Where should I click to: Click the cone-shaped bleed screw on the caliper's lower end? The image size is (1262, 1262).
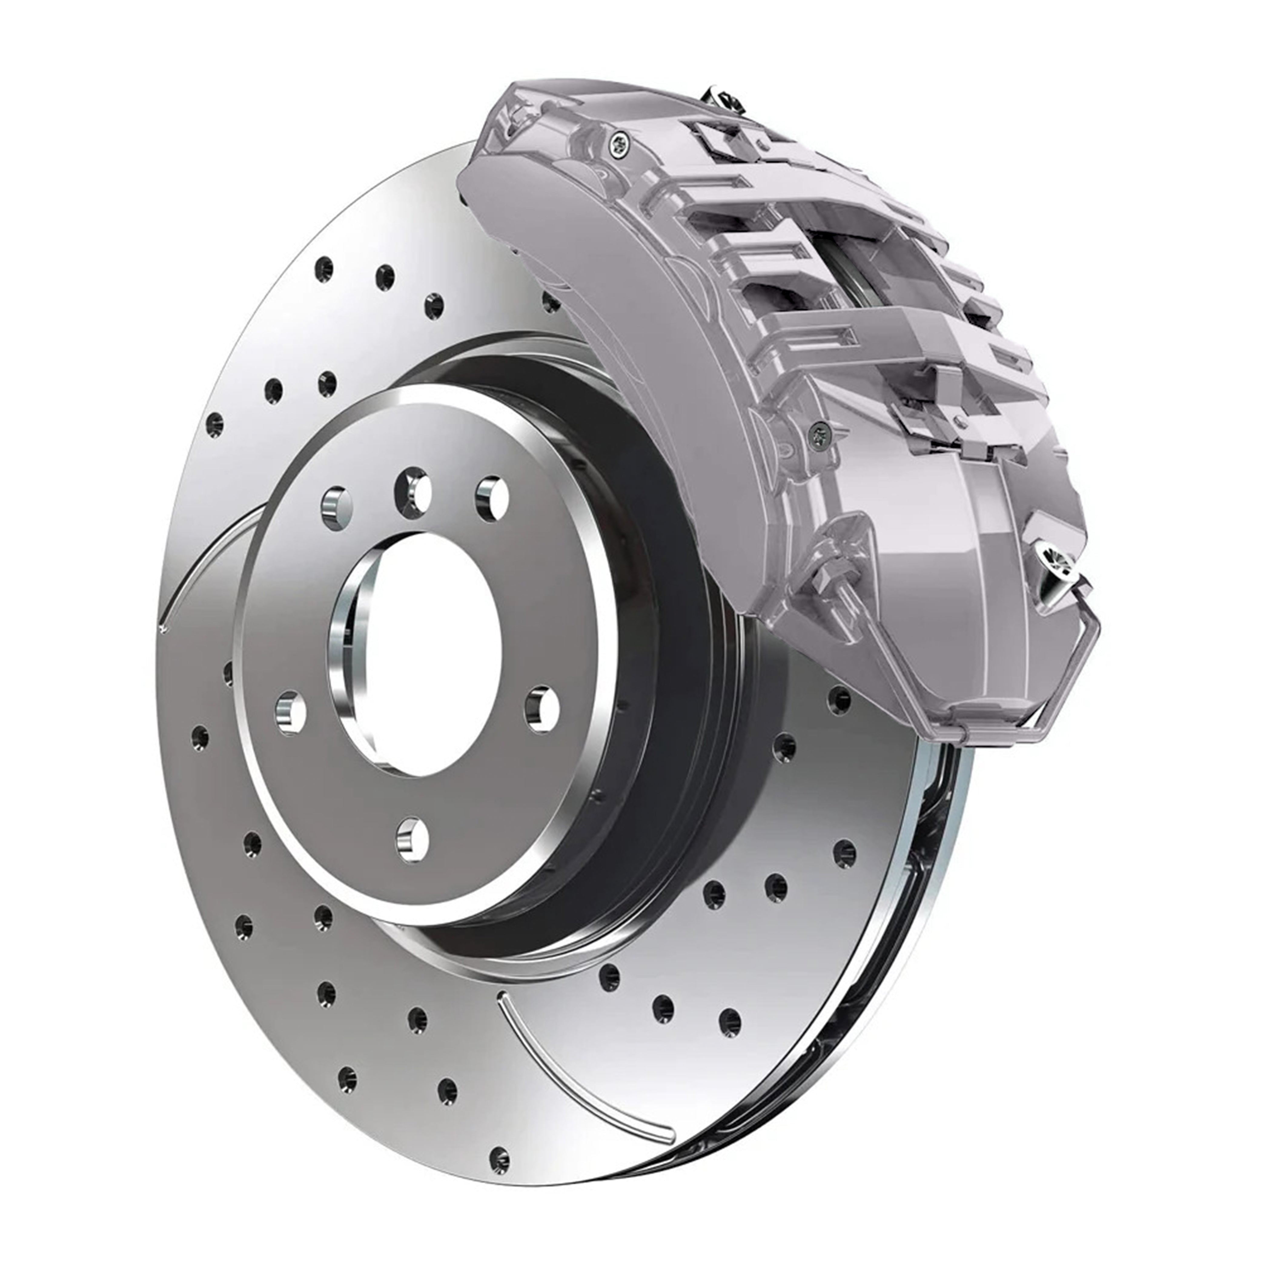click(x=1059, y=575)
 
